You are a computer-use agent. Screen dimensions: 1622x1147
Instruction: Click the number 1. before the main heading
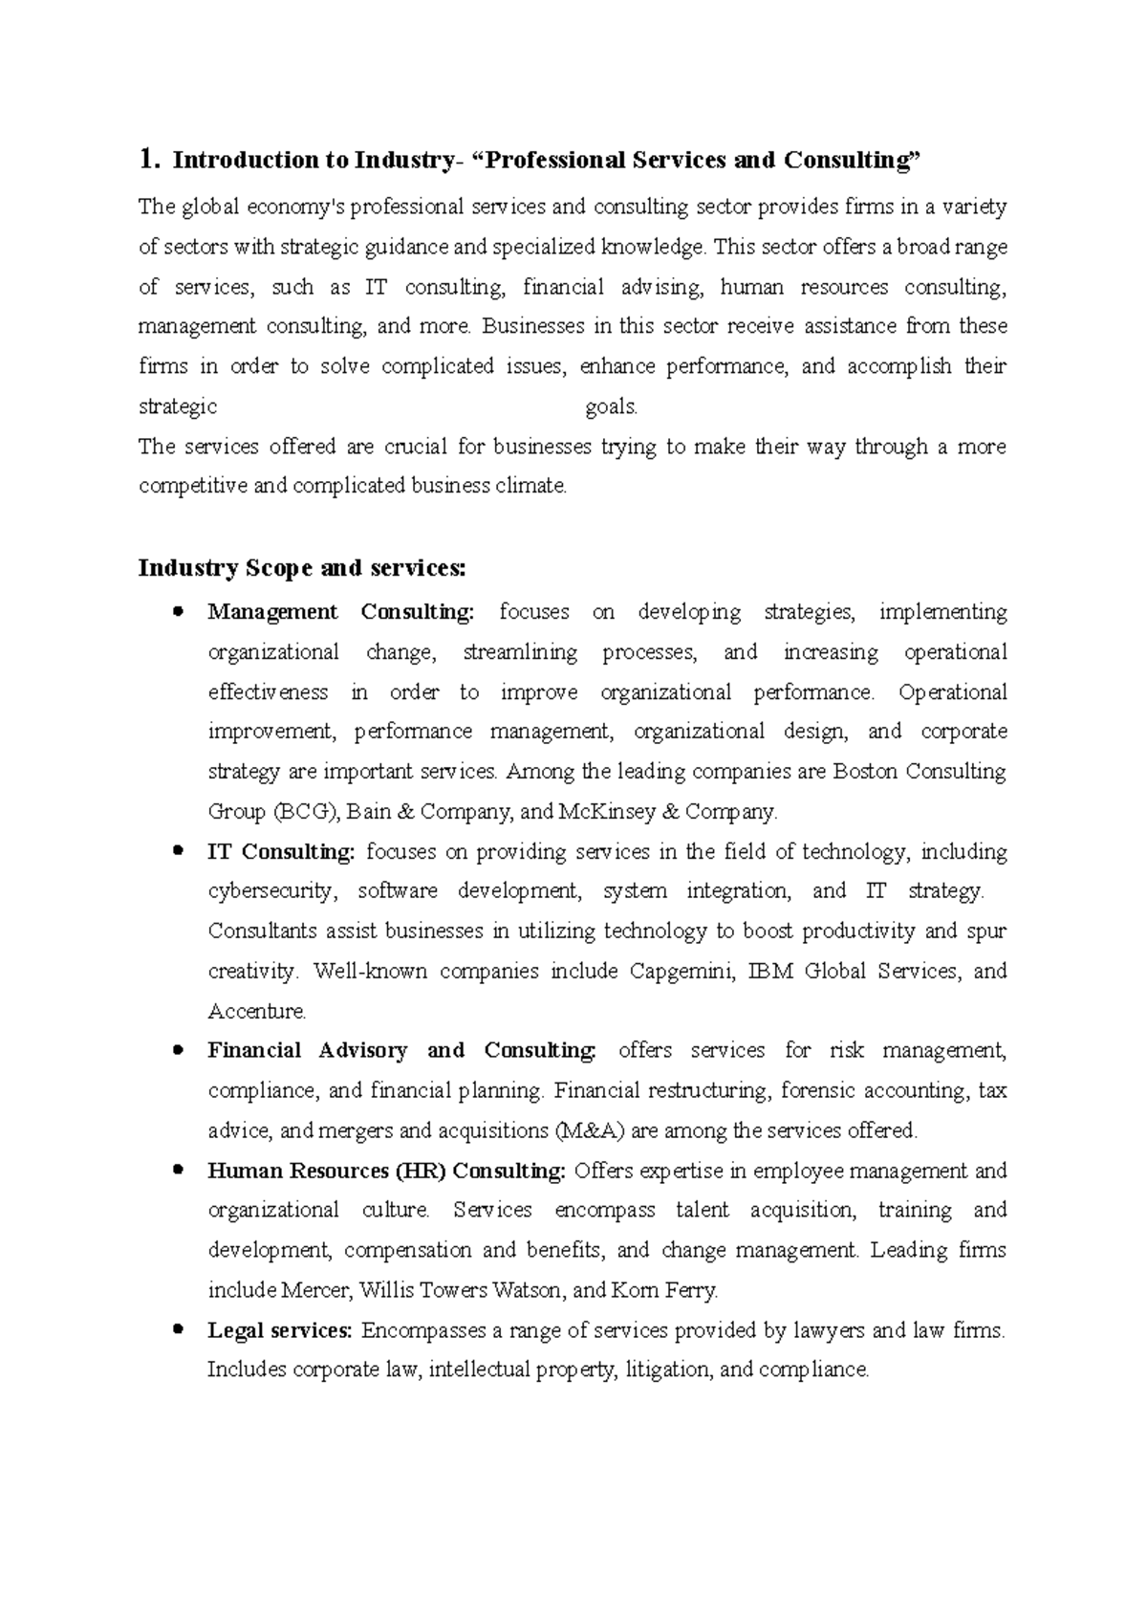coord(148,159)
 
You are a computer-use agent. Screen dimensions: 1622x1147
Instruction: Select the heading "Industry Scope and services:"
coord(302,568)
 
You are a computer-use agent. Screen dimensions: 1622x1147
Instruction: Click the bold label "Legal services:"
coord(280,1330)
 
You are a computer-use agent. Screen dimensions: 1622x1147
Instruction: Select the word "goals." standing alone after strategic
coord(611,407)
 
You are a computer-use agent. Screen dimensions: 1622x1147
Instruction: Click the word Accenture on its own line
coord(257,1012)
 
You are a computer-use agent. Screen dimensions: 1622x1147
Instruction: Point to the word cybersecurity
coord(271,891)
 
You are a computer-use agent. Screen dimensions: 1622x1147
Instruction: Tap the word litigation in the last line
coord(668,1370)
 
